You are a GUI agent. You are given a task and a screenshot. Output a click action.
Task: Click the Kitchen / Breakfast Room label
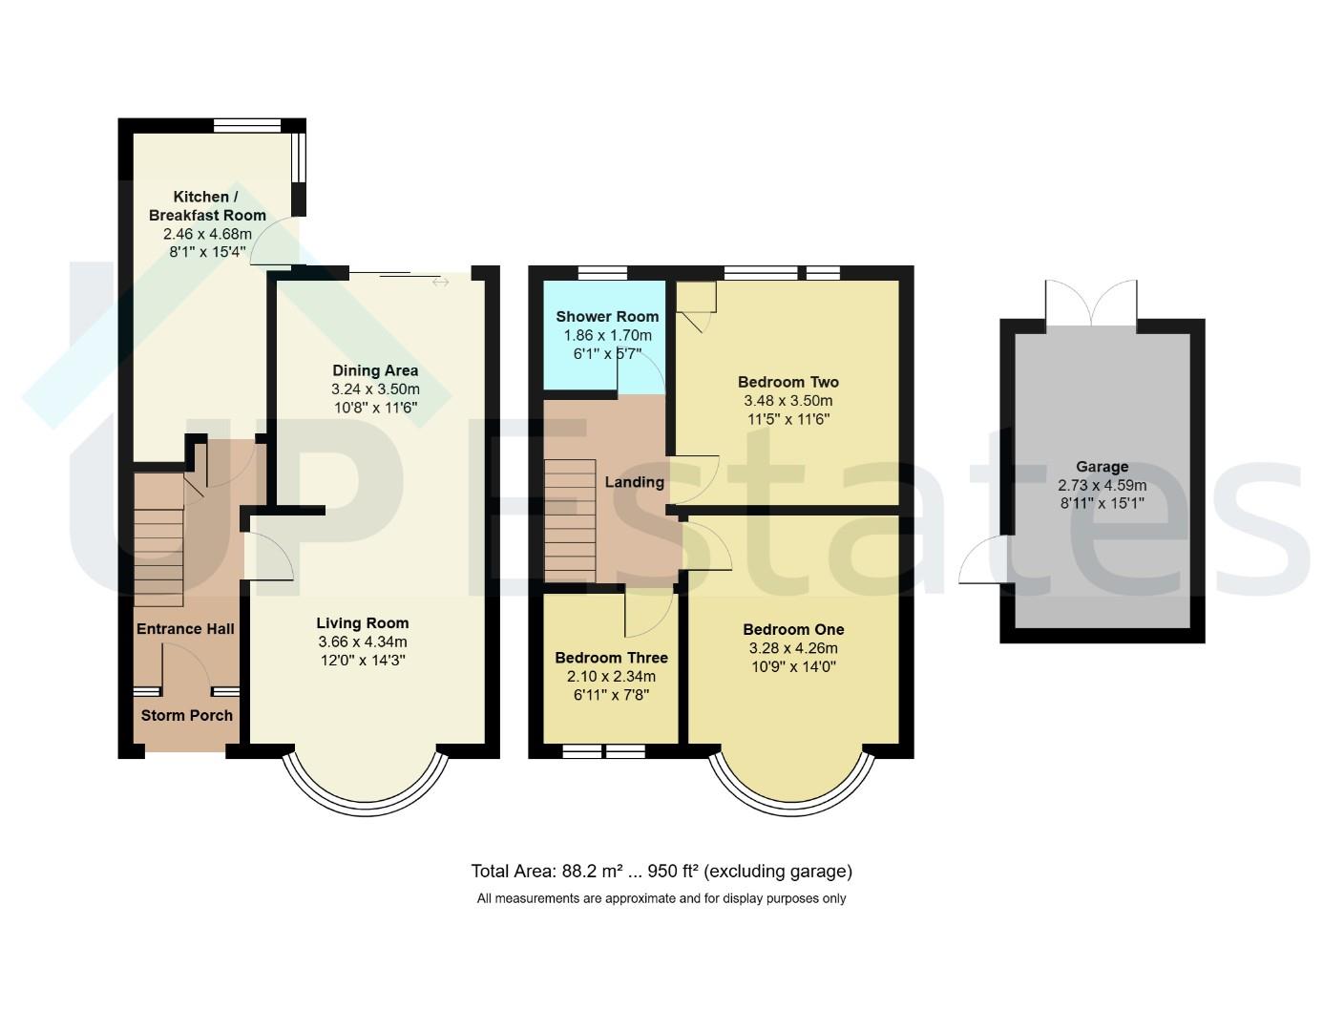click(x=207, y=205)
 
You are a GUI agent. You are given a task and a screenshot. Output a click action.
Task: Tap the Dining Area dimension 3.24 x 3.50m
click(x=375, y=389)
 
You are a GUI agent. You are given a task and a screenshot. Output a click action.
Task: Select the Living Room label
click(x=363, y=623)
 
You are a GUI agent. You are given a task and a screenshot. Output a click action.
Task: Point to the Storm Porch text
click(x=187, y=715)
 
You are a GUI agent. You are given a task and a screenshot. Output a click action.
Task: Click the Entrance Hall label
click(x=185, y=629)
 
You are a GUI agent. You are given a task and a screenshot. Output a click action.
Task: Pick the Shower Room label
click(x=607, y=317)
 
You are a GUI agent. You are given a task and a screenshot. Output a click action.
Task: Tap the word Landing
click(x=634, y=482)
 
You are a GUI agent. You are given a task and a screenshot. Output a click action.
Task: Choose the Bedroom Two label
click(x=788, y=382)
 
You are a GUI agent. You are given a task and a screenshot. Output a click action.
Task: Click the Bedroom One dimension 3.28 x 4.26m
click(x=793, y=648)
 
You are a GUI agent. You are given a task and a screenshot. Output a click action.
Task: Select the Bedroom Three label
click(x=611, y=658)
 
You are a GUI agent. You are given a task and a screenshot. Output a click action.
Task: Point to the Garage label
click(x=1102, y=467)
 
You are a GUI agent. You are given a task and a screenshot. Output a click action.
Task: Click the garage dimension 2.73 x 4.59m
click(x=1102, y=486)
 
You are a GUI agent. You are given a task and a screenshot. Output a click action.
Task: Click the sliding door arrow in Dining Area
click(x=440, y=282)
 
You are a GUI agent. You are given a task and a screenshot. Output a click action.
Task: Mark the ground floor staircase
click(x=158, y=540)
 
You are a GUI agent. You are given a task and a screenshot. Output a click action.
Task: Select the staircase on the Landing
click(x=570, y=520)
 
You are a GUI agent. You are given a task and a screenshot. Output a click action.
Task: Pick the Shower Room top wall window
click(x=602, y=273)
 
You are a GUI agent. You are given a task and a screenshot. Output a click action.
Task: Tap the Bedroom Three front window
click(x=603, y=751)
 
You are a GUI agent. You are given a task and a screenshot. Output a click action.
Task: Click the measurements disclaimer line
click(x=661, y=898)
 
